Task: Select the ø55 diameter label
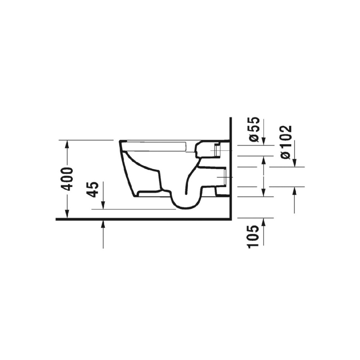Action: [x=254, y=130]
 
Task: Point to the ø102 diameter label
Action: [x=286, y=142]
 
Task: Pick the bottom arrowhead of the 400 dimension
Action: [x=67, y=214]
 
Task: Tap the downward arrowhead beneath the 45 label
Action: [x=103, y=205]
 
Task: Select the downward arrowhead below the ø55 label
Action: [x=264, y=141]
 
